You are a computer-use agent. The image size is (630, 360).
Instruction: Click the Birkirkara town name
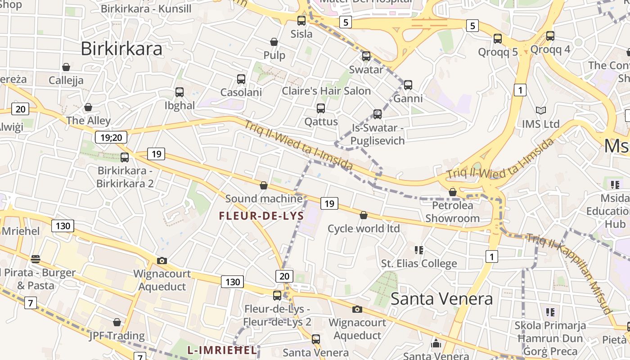point(121,49)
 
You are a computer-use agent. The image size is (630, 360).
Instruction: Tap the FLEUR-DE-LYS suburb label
point(261,216)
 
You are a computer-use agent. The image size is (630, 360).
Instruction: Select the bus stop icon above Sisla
point(301,21)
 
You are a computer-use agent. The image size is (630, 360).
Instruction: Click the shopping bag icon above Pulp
point(274,42)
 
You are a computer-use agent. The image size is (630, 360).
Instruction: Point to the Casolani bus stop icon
point(241,79)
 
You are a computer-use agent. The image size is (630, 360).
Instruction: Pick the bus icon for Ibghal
point(180,92)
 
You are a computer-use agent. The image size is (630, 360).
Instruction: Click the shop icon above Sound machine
point(264,185)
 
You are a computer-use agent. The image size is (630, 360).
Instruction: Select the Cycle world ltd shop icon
point(364,216)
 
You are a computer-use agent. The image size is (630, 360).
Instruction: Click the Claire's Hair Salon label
point(326,91)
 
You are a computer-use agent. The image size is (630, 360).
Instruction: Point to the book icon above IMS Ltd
point(540,110)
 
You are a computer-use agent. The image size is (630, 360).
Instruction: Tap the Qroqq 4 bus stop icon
point(550,36)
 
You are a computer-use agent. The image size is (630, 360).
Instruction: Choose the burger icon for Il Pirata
point(35,259)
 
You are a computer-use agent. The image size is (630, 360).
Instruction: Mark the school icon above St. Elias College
point(419,250)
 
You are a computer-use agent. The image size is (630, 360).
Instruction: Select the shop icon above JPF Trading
point(117,322)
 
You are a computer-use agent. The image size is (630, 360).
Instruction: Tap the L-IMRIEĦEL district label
point(222,350)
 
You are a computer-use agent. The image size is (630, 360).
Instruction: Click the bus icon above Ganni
point(408,85)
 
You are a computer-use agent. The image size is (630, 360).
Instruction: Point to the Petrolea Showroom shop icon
point(453,193)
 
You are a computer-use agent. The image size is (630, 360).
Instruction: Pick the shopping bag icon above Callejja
point(66,67)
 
